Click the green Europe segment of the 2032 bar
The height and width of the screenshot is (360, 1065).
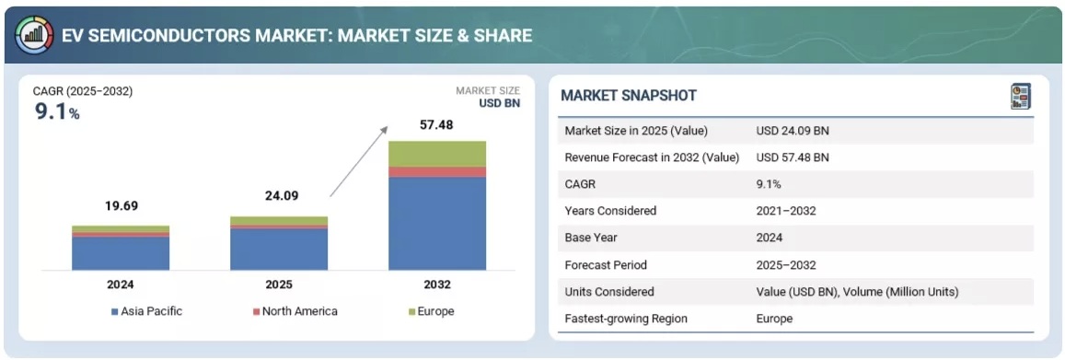click(436, 154)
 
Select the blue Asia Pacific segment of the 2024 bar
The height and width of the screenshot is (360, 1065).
click(121, 253)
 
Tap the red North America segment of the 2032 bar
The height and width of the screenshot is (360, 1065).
click(436, 172)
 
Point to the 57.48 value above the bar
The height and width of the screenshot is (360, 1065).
click(436, 125)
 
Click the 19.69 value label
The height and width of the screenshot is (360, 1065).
click(121, 206)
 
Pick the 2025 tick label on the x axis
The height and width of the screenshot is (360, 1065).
click(279, 284)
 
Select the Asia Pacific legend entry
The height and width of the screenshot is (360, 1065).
click(146, 312)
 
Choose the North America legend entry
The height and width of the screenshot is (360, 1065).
click(295, 312)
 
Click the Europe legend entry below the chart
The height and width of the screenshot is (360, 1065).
click(432, 312)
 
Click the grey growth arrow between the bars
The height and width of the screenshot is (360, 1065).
click(359, 162)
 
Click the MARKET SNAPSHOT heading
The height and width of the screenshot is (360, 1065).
click(629, 96)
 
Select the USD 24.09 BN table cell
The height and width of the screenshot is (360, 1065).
click(792, 131)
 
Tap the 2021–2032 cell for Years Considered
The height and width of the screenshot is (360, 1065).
click(786, 211)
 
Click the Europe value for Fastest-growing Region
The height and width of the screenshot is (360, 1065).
click(774, 318)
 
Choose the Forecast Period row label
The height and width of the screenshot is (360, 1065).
click(606, 265)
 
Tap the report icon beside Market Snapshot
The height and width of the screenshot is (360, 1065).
click(1021, 97)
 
